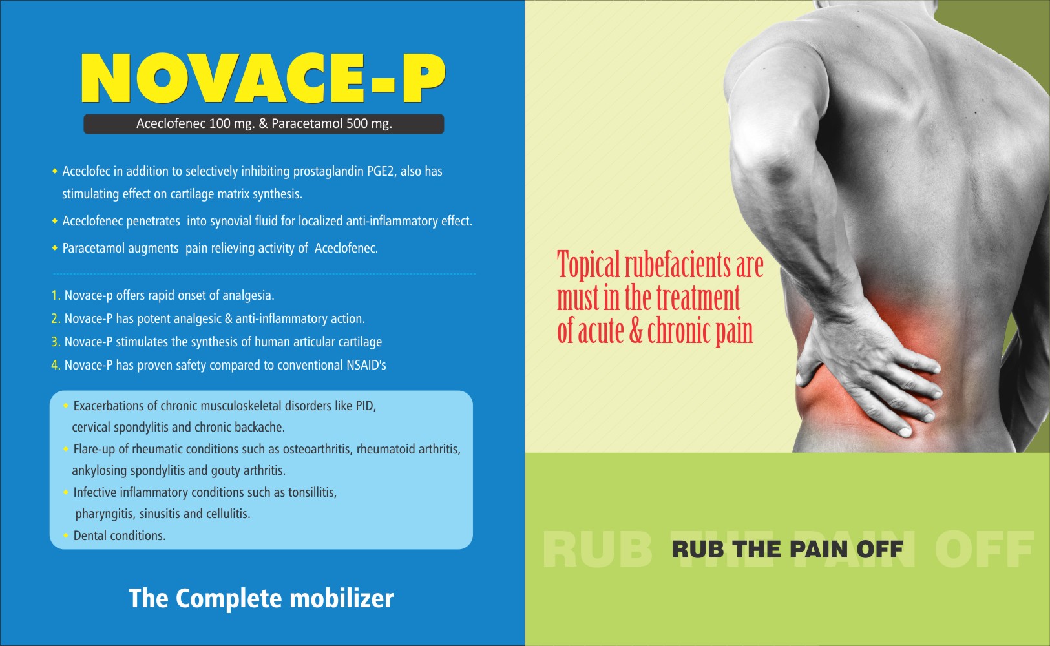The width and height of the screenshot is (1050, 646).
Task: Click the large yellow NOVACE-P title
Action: (x=263, y=78)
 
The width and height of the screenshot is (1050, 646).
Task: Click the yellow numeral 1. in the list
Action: (x=56, y=295)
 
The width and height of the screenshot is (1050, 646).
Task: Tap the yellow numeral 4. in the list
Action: (x=56, y=365)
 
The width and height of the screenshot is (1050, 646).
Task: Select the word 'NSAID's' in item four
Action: (x=366, y=365)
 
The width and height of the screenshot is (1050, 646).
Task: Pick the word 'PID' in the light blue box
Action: (x=366, y=406)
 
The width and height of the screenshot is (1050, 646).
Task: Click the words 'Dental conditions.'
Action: (x=120, y=536)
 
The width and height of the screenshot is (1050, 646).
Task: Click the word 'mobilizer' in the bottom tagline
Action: (x=342, y=598)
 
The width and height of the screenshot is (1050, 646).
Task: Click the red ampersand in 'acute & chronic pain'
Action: (x=636, y=331)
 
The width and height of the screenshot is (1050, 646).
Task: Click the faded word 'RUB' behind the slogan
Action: (x=598, y=550)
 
